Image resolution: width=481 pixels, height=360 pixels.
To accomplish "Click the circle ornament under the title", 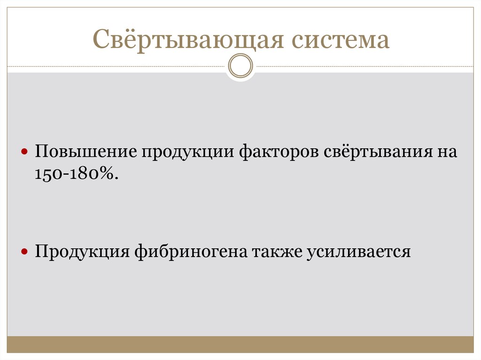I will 240,65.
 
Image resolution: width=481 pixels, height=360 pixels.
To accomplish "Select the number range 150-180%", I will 73,173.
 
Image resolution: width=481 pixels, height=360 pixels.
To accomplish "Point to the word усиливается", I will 359,252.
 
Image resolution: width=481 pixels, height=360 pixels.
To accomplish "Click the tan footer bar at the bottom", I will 240,345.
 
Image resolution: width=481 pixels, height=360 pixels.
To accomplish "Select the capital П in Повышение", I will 39,153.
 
